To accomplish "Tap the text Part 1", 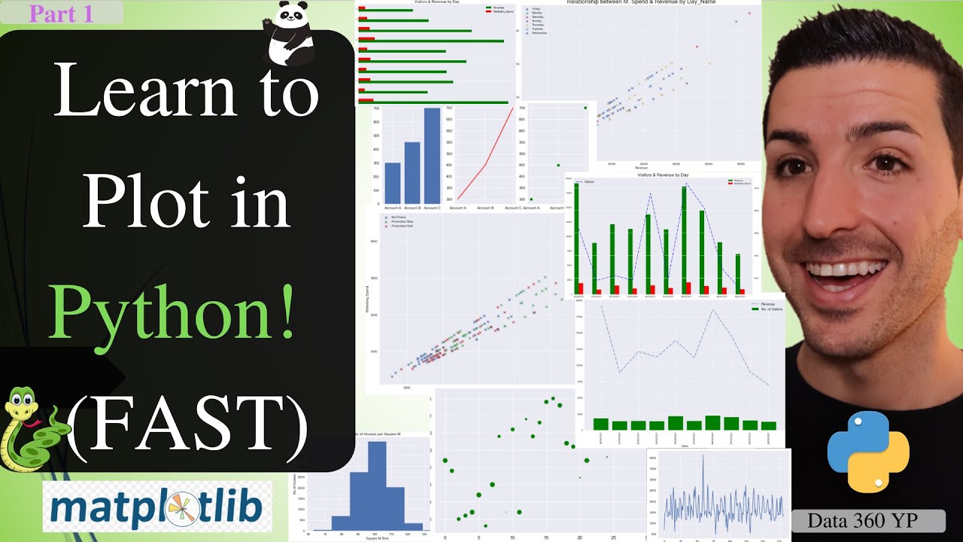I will click(x=62, y=13).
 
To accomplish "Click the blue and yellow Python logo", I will click(x=868, y=452).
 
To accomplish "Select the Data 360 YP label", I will click(x=867, y=520).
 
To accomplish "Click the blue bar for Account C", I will click(x=432, y=155).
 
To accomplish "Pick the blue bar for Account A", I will click(x=393, y=183).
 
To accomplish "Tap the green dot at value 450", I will click(x=558, y=166).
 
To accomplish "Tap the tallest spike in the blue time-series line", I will click(x=703, y=458).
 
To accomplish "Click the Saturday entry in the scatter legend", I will click(x=539, y=17).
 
